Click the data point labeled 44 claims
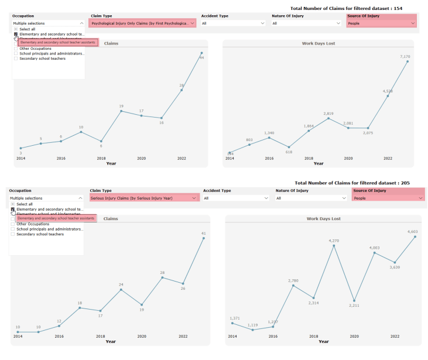201,53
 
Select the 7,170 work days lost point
408,61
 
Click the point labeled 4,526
388,95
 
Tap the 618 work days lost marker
289,147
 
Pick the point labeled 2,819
328,118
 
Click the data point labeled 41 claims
203,238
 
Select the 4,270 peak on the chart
334,246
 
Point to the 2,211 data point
354,300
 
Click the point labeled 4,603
415,236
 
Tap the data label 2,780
293,281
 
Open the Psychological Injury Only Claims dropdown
142,23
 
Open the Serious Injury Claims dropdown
142,198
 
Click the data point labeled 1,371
232,323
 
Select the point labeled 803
249,144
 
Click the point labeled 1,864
309,131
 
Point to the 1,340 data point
269,138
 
